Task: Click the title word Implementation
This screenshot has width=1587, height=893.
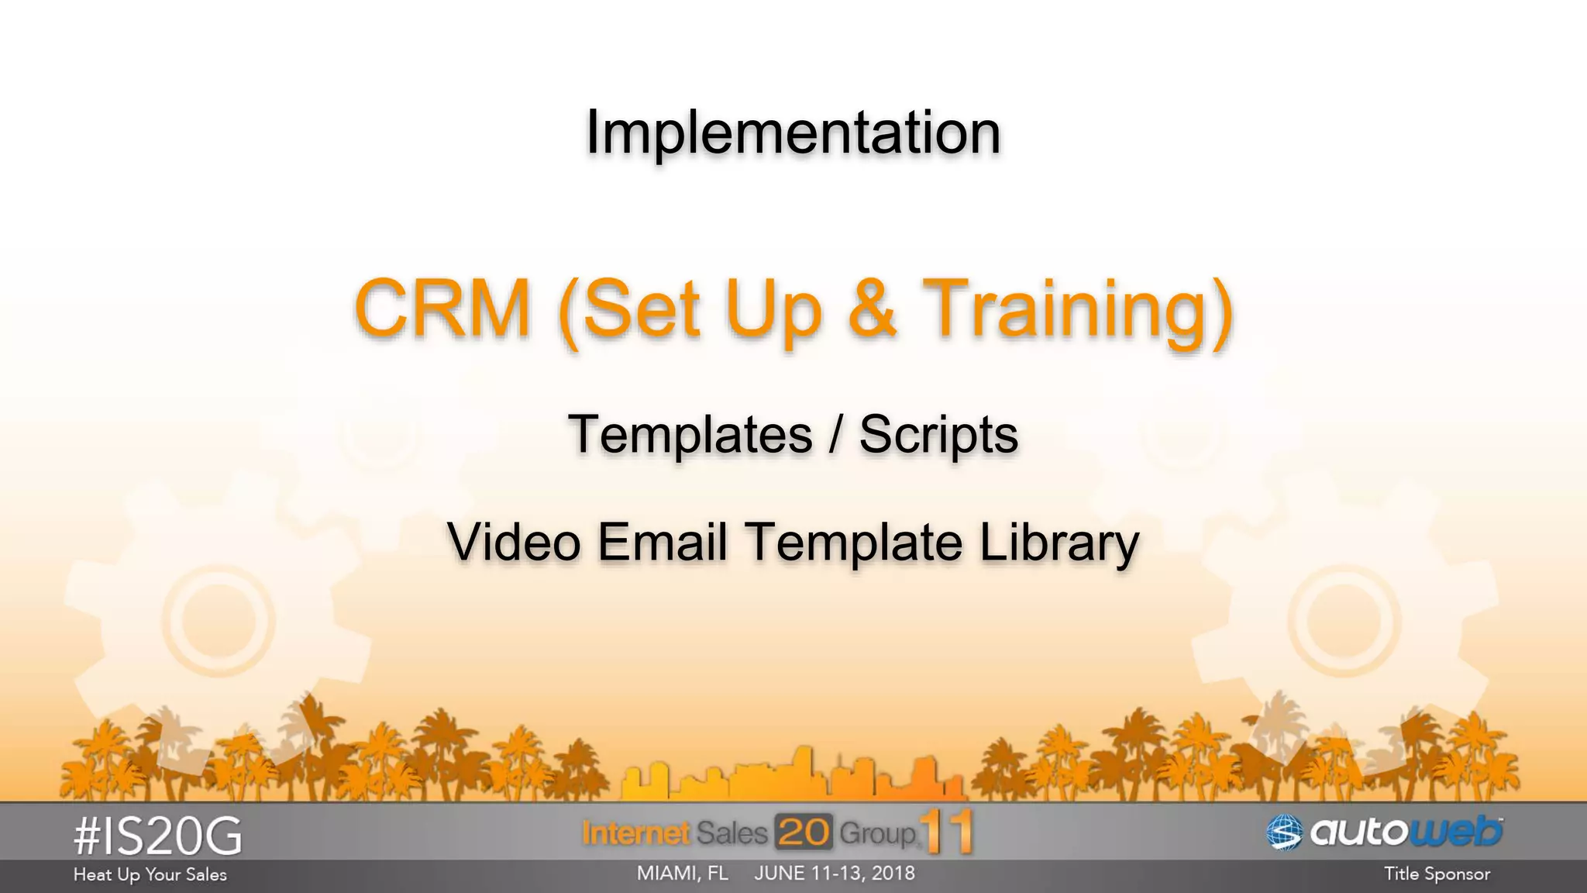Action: [x=793, y=133]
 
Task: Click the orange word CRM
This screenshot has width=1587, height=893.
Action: [x=442, y=308]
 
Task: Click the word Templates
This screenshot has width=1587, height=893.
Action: [x=690, y=434]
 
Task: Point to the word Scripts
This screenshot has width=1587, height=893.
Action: [x=938, y=434]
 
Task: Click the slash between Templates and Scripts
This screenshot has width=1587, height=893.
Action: [x=835, y=434]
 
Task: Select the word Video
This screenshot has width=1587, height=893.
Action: [x=514, y=541]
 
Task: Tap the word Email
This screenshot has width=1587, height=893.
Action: [x=662, y=541]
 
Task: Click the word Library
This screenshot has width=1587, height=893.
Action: [x=1059, y=543]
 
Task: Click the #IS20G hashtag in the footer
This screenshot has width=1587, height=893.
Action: [x=158, y=836]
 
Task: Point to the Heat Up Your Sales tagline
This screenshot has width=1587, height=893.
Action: [x=150, y=874]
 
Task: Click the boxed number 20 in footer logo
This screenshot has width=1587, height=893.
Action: [x=804, y=833]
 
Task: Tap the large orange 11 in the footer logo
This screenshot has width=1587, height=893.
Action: [x=947, y=832]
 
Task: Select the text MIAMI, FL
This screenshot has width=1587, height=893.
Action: [x=682, y=874]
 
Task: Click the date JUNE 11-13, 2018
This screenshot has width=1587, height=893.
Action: [x=835, y=874]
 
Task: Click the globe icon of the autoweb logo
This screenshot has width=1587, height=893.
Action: [x=1284, y=833]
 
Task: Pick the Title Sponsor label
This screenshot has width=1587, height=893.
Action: [x=1437, y=874]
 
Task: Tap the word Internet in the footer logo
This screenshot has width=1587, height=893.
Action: [x=635, y=833]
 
